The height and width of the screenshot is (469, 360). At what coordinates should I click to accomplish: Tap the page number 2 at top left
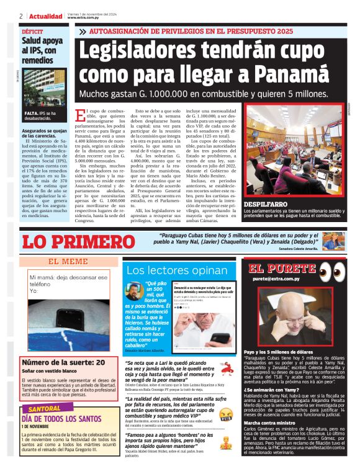(21, 16)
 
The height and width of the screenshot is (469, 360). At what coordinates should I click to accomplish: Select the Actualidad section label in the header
(45, 16)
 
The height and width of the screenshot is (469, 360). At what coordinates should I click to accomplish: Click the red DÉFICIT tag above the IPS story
(32, 30)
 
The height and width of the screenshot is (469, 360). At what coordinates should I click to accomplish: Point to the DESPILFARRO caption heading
(266, 203)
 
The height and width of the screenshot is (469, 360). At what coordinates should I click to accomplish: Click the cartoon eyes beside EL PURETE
(333, 270)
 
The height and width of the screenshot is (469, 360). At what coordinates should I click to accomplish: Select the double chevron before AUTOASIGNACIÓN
(83, 30)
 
